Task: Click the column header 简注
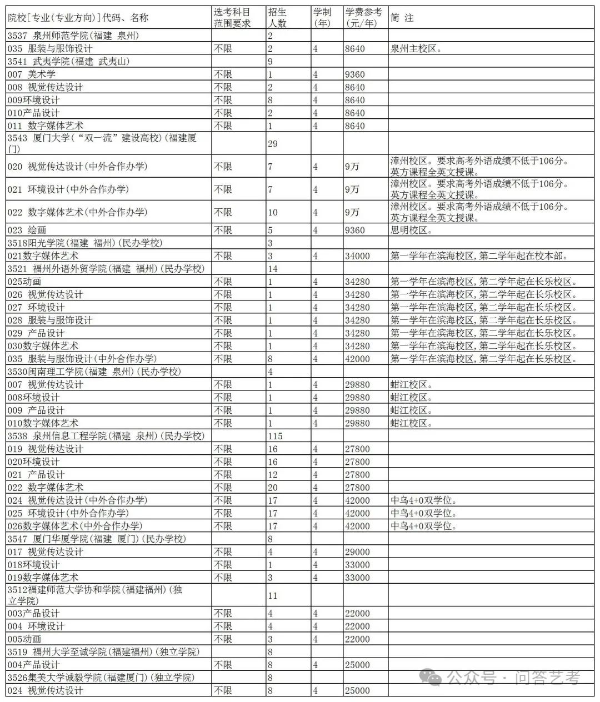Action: click(402, 18)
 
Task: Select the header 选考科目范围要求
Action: click(233, 18)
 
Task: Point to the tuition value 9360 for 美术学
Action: click(355, 74)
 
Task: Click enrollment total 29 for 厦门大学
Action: click(272, 144)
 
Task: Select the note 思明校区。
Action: click(412, 230)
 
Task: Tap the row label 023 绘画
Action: click(27, 230)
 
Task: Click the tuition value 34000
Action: click(357, 256)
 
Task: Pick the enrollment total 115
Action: click(275, 436)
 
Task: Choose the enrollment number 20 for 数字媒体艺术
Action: click(272, 488)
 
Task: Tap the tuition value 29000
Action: click(357, 552)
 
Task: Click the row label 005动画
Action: click(24, 639)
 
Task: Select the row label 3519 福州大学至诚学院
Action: click(103, 652)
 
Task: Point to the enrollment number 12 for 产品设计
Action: click(272, 475)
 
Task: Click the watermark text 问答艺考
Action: click(547, 678)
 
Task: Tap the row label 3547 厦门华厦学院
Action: click(97, 539)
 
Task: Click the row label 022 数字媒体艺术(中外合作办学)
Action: click(77, 212)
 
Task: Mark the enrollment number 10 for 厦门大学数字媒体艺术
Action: click(272, 212)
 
